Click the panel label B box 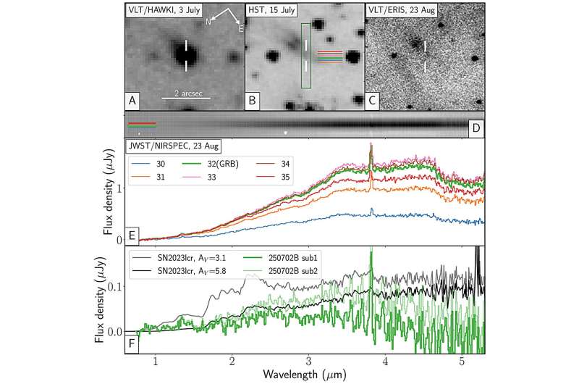click(x=254, y=101)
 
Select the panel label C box click(x=374, y=101)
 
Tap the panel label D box click(x=475, y=128)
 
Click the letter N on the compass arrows click(x=208, y=21)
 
